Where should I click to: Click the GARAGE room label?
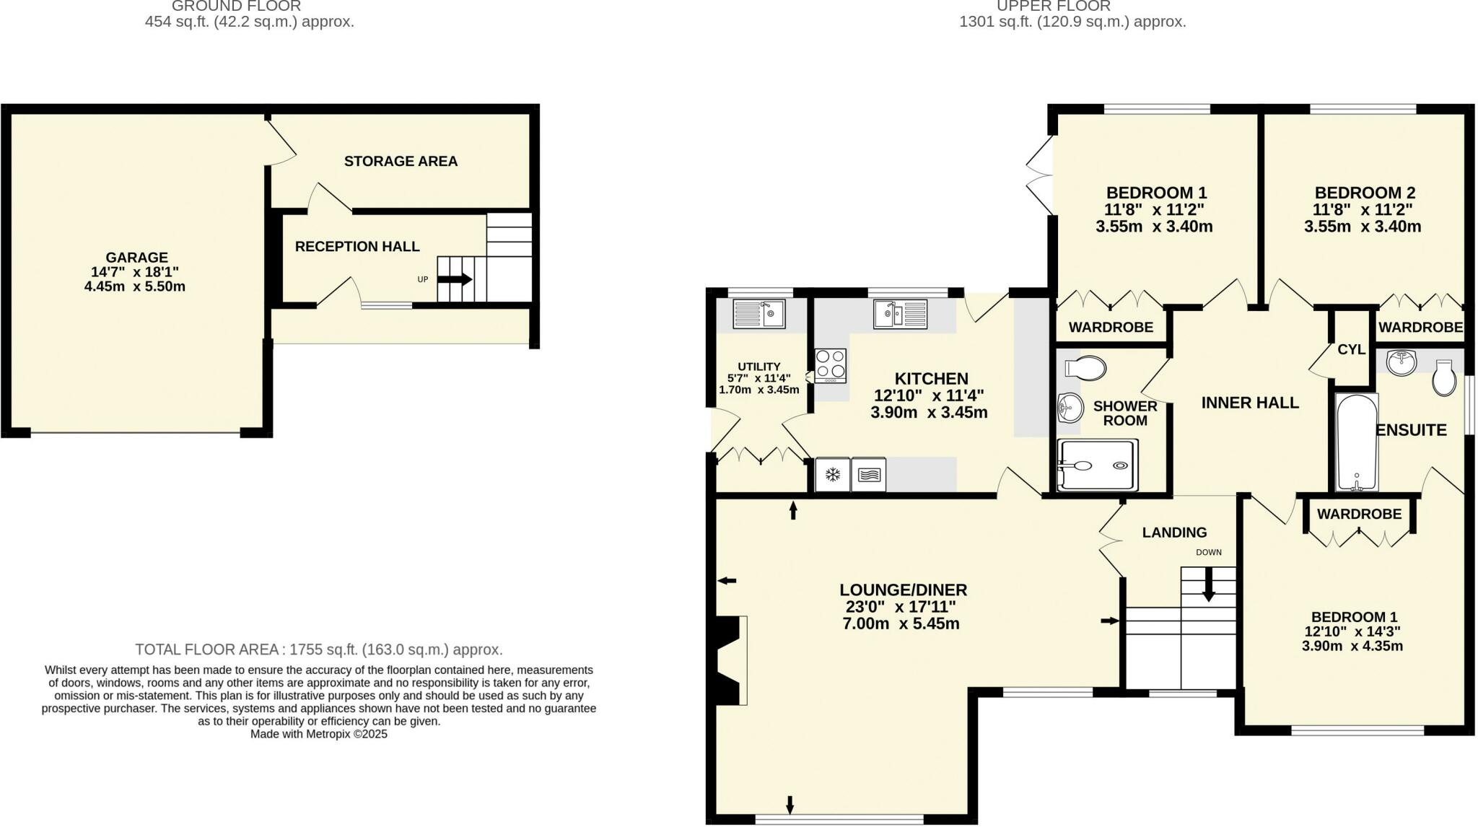(137, 258)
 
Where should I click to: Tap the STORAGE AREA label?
(401, 161)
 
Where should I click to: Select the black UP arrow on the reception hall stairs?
(455, 279)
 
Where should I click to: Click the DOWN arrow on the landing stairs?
(1208, 585)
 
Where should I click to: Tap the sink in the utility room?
(758, 314)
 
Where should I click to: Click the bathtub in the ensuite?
(1357, 442)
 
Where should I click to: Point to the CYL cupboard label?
(1351, 349)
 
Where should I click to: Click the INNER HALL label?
(1250, 403)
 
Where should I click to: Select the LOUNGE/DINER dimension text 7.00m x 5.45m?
(901, 623)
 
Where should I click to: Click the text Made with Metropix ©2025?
(319, 734)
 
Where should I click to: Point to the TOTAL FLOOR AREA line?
(319, 649)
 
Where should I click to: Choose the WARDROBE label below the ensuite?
(1359, 514)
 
